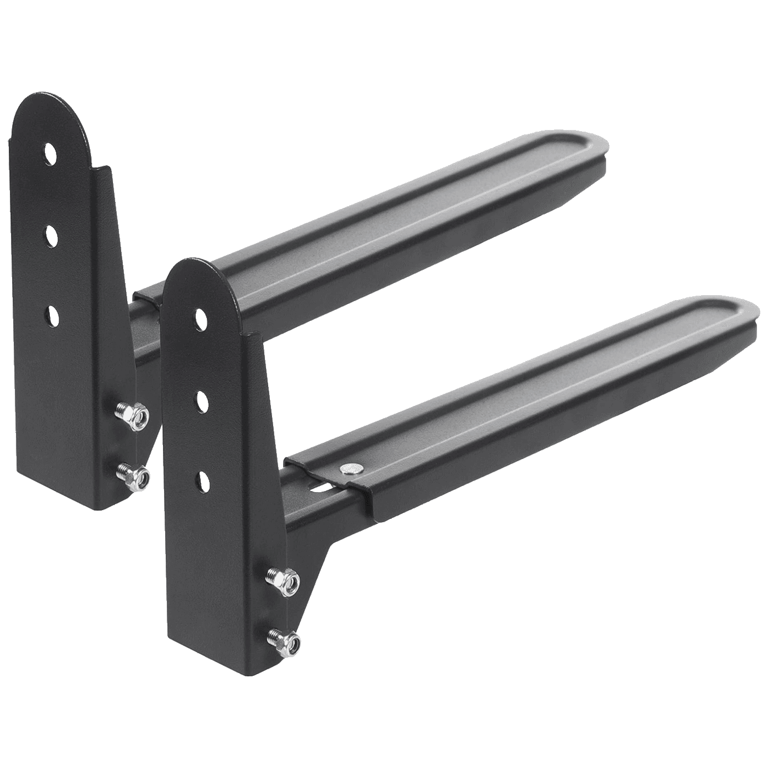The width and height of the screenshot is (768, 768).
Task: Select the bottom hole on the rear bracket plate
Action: point(50,314)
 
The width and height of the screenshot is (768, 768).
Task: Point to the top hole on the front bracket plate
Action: point(201,317)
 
